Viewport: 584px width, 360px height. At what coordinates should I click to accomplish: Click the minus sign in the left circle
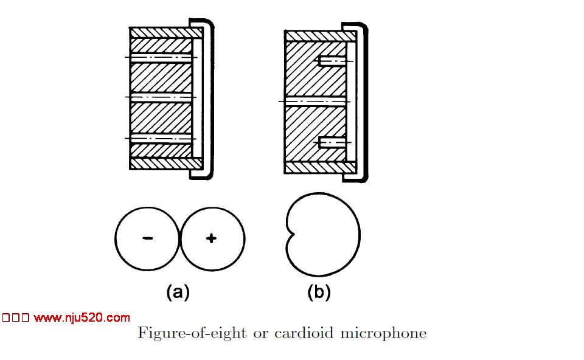pyautogui.click(x=148, y=238)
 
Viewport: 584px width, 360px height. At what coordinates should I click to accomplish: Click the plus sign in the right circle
pyautogui.click(x=211, y=238)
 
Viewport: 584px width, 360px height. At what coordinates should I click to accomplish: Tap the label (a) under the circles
pyautogui.click(x=178, y=292)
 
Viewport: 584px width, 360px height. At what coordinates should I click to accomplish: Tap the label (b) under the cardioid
pyautogui.click(x=319, y=292)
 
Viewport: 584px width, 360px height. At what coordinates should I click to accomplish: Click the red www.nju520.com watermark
pyautogui.click(x=82, y=317)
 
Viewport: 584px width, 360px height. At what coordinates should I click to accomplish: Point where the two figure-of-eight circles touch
pyautogui.click(x=180, y=238)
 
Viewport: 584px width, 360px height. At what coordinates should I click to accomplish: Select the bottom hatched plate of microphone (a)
pyautogui.click(x=161, y=163)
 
